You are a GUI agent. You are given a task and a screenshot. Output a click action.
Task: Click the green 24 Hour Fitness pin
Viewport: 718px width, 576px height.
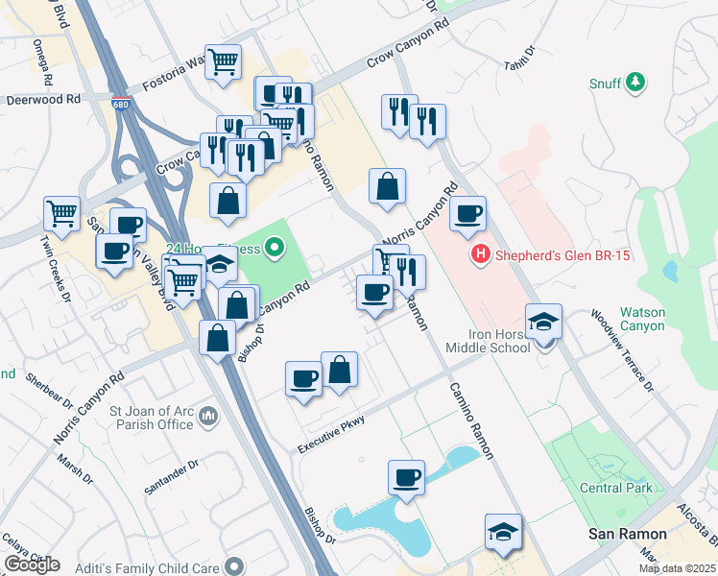click(x=275, y=250)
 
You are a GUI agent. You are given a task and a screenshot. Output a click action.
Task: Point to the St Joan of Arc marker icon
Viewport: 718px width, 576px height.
click(x=210, y=417)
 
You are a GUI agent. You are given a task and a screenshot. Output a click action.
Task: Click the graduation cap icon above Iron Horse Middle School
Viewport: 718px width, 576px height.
click(x=543, y=321)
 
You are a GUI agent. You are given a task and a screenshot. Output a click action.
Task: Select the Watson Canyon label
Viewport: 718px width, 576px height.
click(x=642, y=319)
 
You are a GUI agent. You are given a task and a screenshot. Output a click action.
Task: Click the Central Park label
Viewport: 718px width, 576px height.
click(x=616, y=488)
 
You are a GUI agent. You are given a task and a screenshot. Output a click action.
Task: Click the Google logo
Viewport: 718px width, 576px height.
click(x=32, y=564)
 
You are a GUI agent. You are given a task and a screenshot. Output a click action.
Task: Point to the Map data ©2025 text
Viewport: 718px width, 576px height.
click(x=677, y=568)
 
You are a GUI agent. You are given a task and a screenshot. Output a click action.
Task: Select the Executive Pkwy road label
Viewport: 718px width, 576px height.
click(x=332, y=433)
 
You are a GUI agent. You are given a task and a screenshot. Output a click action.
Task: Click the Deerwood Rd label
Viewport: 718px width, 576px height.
click(x=44, y=99)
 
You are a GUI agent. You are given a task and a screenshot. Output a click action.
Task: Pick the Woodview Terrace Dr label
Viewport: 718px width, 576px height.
click(x=621, y=351)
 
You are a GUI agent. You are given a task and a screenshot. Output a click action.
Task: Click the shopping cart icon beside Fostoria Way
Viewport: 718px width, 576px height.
click(x=224, y=61)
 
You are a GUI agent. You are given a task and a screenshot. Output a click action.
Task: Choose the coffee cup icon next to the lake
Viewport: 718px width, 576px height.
click(x=406, y=477)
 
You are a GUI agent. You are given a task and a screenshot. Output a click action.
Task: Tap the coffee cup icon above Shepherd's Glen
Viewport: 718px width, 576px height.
click(x=467, y=214)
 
